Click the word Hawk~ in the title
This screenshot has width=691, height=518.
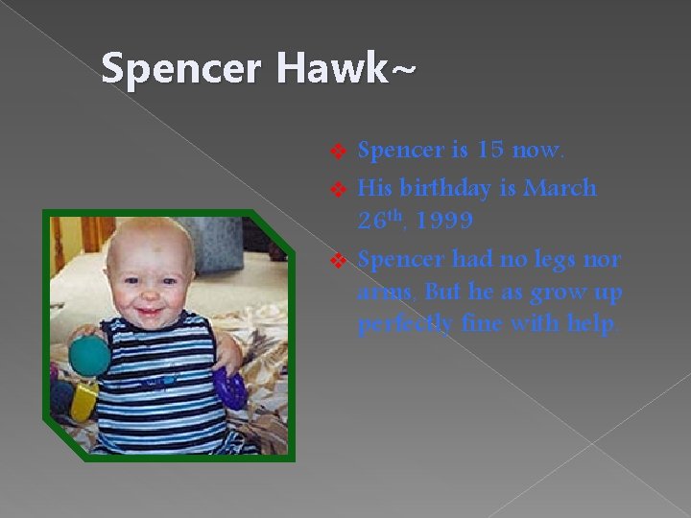pyautogui.click(x=347, y=69)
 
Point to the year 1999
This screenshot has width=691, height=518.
pyautogui.click(x=440, y=222)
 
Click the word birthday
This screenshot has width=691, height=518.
pyautogui.click(x=442, y=188)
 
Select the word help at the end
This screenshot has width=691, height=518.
pyautogui.click(x=591, y=325)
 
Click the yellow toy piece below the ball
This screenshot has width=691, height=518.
pyautogui.click(x=84, y=400)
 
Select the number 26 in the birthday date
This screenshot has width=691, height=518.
pyautogui.click(x=370, y=222)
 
